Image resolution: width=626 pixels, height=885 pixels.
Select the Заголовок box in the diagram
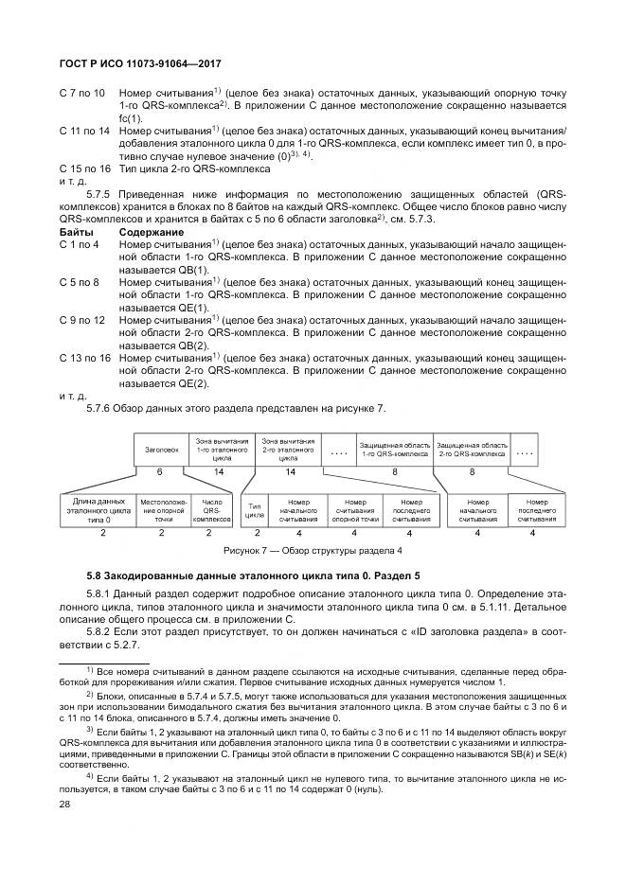tap(161, 450)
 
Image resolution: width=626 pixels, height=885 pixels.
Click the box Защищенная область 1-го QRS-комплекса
tap(394, 450)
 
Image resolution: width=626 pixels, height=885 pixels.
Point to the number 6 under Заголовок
tap(159, 470)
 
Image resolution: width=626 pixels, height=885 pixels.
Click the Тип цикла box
tap(255, 508)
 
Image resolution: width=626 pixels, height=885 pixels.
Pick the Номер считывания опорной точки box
tap(355, 508)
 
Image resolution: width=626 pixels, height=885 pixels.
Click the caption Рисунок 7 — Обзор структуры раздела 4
tap(313, 549)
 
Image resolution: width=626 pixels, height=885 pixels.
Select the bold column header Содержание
tap(152, 231)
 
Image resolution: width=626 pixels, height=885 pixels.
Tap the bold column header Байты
tap(76, 231)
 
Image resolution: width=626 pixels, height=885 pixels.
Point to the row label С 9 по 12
tap(82, 321)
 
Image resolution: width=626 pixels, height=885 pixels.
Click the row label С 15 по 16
tap(85, 168)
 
